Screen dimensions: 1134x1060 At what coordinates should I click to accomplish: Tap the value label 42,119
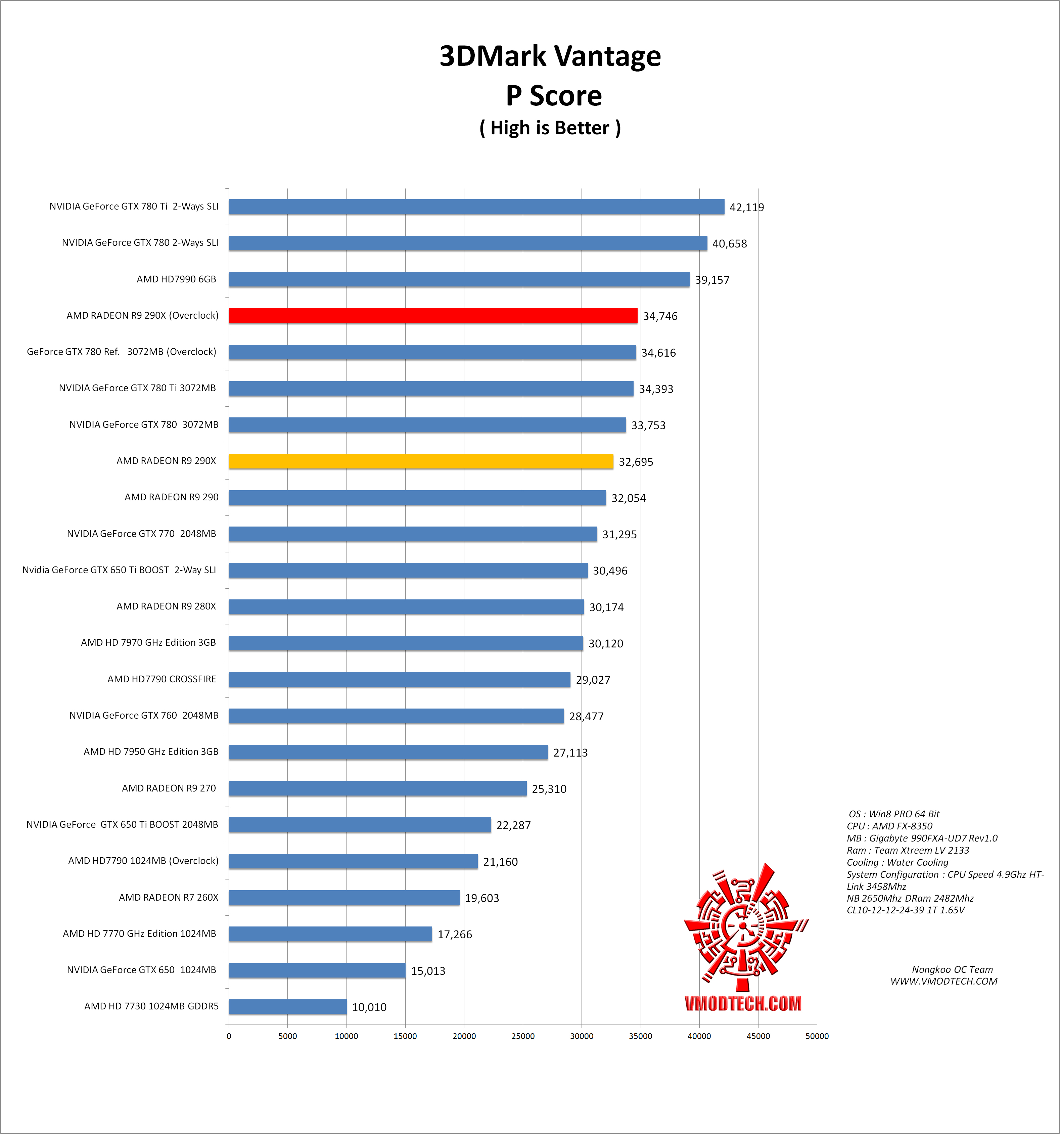[x=746, y=208]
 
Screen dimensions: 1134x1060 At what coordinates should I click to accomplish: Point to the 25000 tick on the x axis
[x=522, y=1036]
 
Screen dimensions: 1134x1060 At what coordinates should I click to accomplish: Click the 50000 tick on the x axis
[x=816, y=1036]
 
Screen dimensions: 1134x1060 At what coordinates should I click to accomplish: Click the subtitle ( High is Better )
[x=550, y=128]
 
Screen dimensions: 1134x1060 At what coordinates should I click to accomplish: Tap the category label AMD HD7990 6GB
[x=176, y=279]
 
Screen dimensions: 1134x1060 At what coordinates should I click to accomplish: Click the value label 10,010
[x=369, y=1007]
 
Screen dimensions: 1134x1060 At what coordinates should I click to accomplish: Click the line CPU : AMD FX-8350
[x=889, y=826]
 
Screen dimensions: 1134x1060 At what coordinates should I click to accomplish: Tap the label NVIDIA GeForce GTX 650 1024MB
[x=141, y=970]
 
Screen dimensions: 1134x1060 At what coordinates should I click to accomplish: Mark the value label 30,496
[x=610, y=571]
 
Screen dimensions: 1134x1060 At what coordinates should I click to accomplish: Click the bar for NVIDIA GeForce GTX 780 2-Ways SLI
[x=468, y=243]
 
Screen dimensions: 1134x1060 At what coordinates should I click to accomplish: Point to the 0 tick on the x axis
[x=229, y=1036]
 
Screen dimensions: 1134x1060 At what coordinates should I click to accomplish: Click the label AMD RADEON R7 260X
[x=168, y=897]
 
